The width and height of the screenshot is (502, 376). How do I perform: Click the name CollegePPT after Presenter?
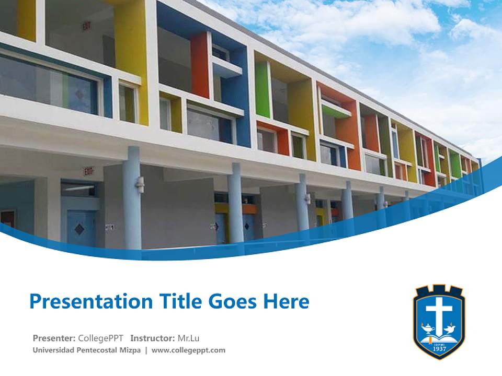coord(100,338)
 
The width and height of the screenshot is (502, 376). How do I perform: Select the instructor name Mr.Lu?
coord(189,338)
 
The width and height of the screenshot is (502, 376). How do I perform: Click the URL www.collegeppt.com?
coord(188,350)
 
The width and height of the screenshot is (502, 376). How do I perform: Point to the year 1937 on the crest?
coord(439,347)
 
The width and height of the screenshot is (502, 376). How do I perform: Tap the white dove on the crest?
coord(450,330)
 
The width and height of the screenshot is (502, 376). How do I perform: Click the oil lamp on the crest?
coord(428,330)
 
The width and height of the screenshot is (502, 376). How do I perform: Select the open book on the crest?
coord(439,337)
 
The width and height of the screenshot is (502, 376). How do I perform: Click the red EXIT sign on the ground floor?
coord(89,171)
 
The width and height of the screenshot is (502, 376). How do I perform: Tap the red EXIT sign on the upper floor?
coord(86,26)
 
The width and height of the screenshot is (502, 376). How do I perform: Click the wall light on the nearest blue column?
coord(140,183)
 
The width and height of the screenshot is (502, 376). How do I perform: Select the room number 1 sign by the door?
coord(109,227)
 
